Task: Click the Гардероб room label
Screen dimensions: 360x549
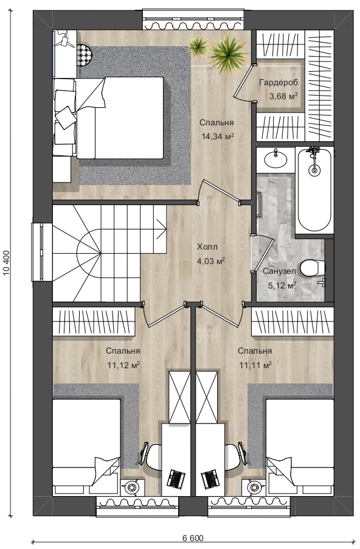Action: coord(279,83)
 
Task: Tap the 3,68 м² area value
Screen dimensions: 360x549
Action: coord(283,96)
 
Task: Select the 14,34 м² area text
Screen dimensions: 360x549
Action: coord(218,136)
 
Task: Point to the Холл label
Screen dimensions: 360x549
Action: coord(207,247)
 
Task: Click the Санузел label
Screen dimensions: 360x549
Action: coord(279,271)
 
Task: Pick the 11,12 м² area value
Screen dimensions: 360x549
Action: coord(123,365)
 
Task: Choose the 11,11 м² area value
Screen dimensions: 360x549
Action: coord(255,365)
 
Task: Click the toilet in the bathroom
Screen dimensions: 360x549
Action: coord(313,268)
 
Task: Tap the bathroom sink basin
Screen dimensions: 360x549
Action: coord(275,160)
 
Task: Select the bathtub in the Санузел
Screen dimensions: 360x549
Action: coord(314,190)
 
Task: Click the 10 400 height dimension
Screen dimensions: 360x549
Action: coord(6,264)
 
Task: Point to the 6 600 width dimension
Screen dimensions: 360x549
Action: coord(192,538)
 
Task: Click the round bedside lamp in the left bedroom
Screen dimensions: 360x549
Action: coord(132,487)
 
